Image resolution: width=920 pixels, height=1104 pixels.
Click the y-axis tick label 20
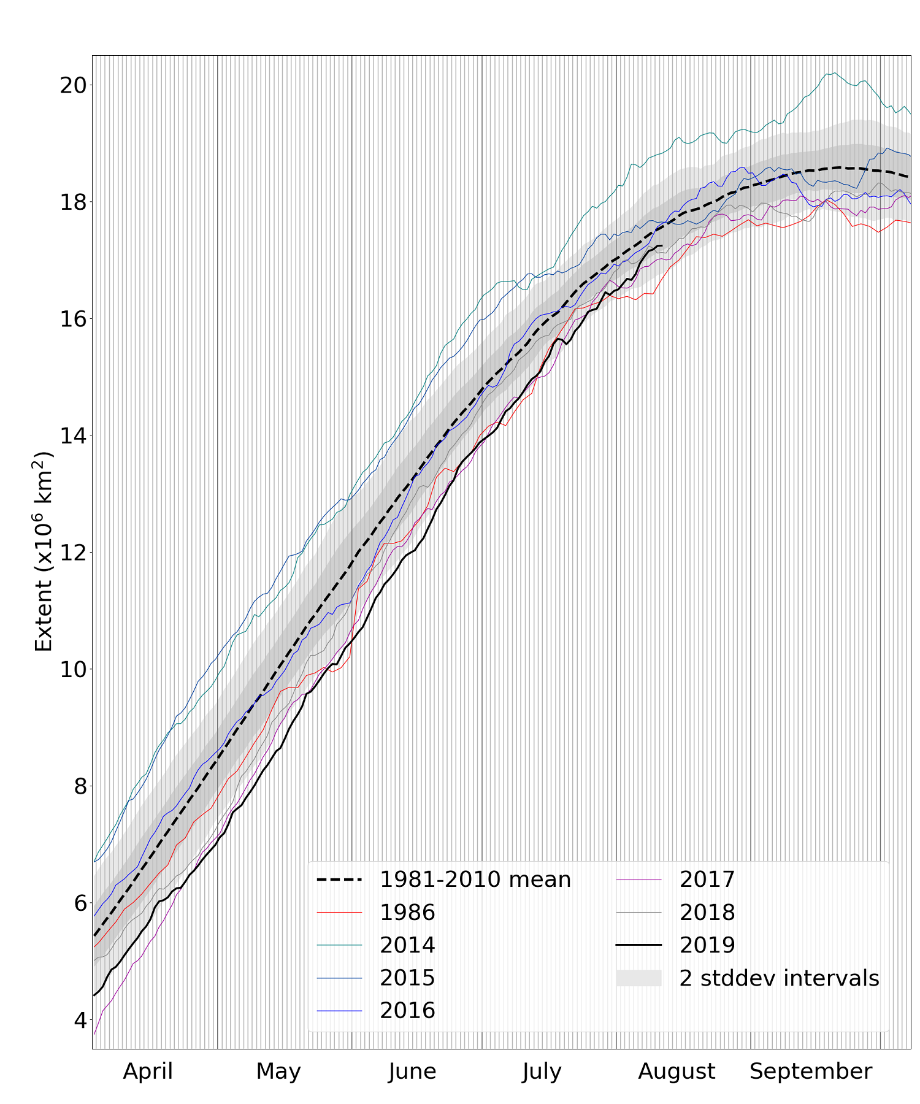pos(72,85)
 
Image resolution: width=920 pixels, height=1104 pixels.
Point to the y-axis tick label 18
pos(72,202)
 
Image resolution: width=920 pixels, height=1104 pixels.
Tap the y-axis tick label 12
pos(72,552)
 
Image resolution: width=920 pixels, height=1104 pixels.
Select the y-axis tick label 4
pos(80,1019)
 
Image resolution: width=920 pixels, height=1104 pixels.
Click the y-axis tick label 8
pos(80,786)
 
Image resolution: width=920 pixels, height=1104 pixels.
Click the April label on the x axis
pos(148,1071)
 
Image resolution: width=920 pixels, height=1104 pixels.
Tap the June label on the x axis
pos(412,1071)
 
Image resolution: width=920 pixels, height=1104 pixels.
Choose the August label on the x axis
pos(677,1071)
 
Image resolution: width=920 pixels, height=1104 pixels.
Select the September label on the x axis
pos(810,1071)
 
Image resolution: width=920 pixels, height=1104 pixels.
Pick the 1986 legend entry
pos(407,913)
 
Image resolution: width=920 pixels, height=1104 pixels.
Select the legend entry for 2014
pos(407,945)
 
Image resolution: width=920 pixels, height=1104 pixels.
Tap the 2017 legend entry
pos(707,880)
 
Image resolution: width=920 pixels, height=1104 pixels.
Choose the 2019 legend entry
pos(707,945)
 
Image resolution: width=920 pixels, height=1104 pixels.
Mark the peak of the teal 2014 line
pos(835,72)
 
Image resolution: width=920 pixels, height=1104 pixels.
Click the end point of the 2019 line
pos(662,246)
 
